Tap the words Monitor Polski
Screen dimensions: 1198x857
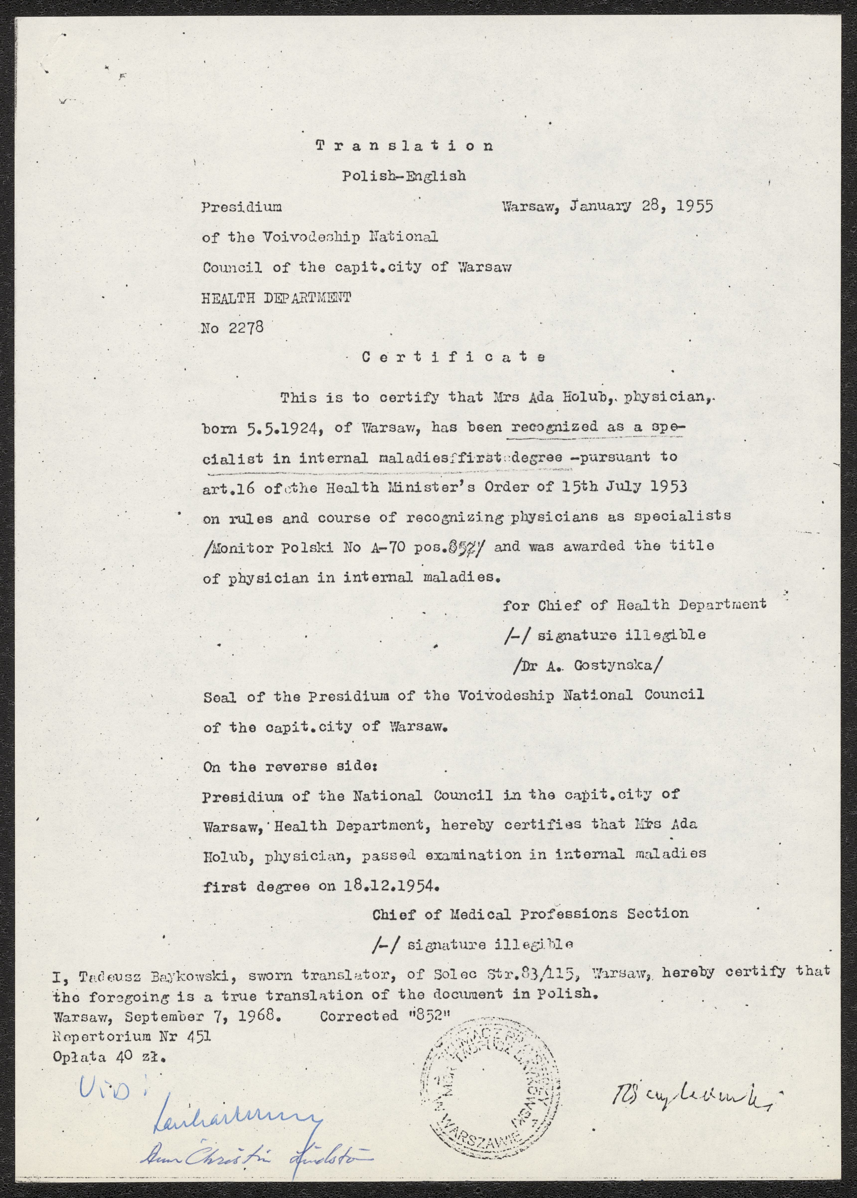point(271,548)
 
